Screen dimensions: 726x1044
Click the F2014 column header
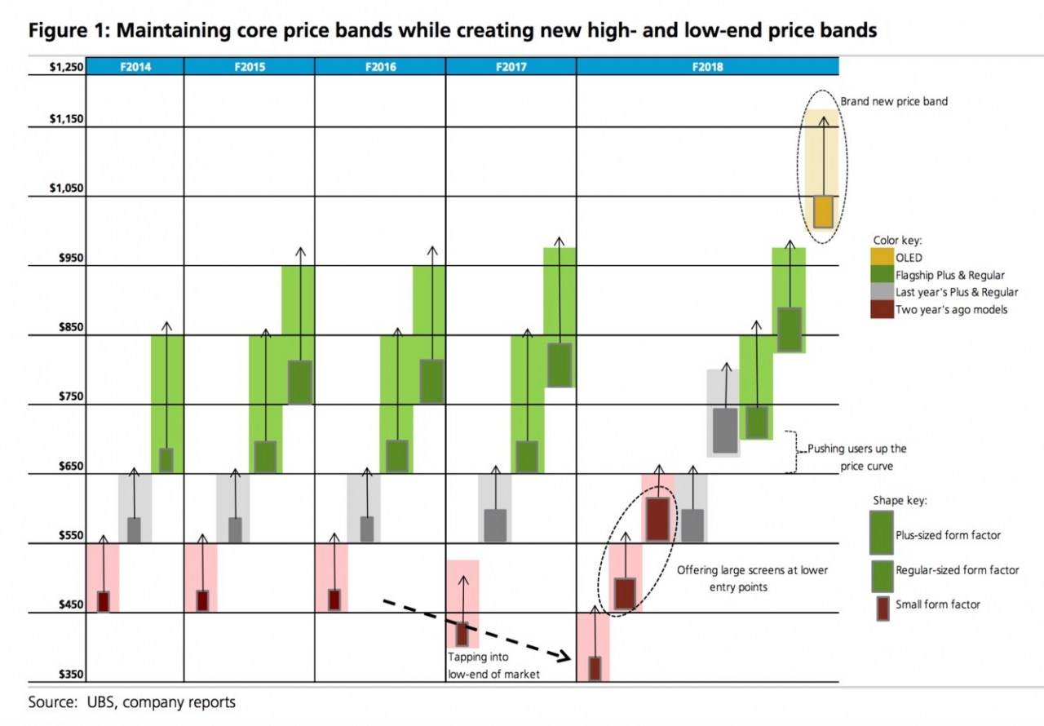135,67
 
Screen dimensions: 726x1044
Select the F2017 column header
511,67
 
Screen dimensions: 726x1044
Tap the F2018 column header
707,67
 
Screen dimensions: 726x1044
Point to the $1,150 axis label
66,119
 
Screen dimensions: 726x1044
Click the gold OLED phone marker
823,211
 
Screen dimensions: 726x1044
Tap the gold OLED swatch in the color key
882,258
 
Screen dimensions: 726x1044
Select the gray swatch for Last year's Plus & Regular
882,292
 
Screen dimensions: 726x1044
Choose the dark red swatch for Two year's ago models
882,309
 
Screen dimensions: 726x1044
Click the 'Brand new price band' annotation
894,102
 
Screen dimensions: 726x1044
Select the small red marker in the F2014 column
103,601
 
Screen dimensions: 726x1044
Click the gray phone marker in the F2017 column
495,525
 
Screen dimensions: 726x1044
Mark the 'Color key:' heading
897,241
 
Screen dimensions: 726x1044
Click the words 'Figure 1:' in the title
68,31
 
